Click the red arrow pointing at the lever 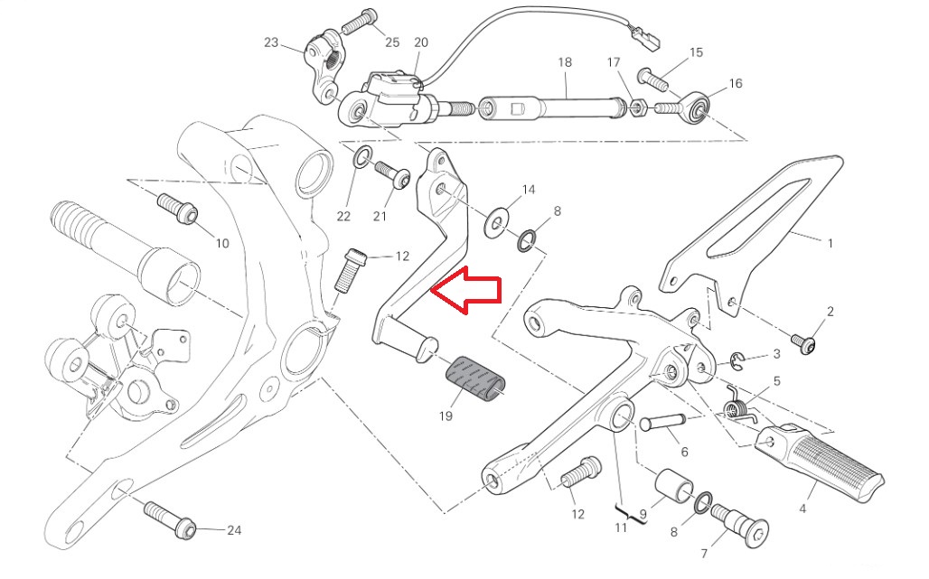pyautogui.click(x=467, y=291)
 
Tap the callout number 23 pyautogui.click(x=272, y=42)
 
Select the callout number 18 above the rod pyautogui.click(x=565, y=62)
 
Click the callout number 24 pyautogui.click(x=234, y=530)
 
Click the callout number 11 pyautogui.click(x=621, y=528)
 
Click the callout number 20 pyautogui.click(x=421, y=42)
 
